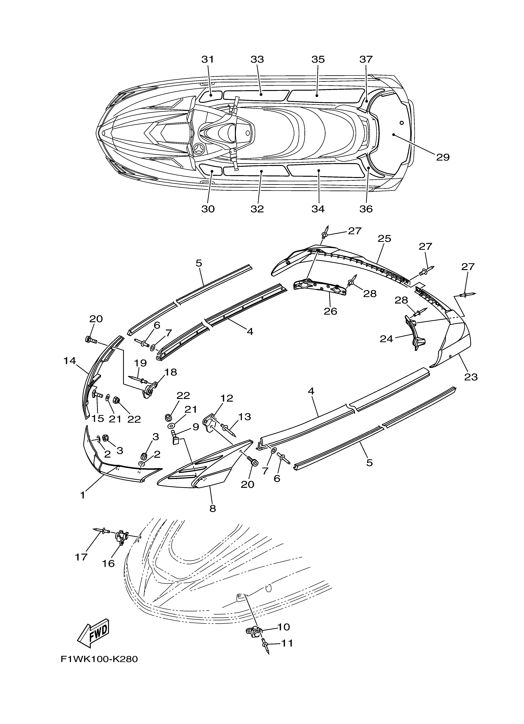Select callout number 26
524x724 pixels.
[x=330, y=311]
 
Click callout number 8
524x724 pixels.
[x=213, y=508]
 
